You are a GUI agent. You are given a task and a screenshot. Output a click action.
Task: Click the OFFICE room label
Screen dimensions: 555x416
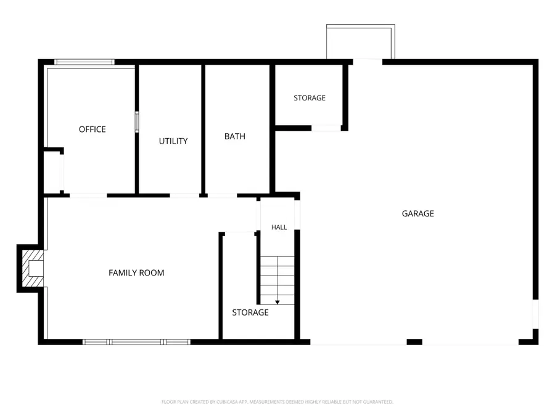pos(92,129)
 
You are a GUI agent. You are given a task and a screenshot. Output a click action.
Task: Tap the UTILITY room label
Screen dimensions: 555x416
pos(173,141)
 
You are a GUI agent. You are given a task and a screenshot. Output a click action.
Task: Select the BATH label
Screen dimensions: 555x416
pos(235,136)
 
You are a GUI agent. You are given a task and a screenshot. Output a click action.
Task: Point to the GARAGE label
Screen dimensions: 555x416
pos(417,213)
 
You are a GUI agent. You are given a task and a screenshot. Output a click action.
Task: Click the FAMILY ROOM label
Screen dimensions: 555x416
pos(136,273)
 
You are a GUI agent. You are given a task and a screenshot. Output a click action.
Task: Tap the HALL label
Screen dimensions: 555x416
pos(279,227)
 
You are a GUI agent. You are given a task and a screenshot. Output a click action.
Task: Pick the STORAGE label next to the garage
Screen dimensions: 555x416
pos(310,97)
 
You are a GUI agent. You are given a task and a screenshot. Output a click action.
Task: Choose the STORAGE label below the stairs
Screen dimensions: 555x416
pos(250,312)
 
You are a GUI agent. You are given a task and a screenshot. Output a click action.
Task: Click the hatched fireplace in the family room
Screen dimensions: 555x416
pos(33,269)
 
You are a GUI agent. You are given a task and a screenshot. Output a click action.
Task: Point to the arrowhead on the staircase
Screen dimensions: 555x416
pos(277,302)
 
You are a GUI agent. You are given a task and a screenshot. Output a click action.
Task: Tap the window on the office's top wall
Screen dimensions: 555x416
pos(84,62)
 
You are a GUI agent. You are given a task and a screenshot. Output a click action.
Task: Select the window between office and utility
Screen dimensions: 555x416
pos(137,122)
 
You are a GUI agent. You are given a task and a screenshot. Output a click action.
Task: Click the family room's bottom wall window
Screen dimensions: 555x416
pos(137,341)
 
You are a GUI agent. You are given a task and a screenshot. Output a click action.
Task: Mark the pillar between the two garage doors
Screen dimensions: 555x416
pos(414,341)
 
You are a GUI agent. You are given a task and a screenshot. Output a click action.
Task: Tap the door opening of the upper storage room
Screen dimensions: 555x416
pos(326,128)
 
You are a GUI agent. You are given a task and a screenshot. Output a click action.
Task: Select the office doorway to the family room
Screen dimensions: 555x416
pos(88,195)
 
